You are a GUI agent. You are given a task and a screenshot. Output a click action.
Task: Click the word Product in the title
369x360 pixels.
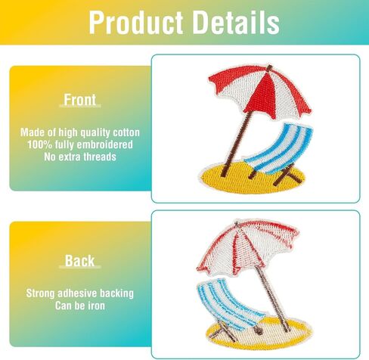point(136,23)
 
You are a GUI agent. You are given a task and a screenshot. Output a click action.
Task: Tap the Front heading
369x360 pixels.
point(80,100)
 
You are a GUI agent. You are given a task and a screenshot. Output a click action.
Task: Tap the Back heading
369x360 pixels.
point(80,260)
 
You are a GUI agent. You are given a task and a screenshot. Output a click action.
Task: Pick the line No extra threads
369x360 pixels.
point(80,157)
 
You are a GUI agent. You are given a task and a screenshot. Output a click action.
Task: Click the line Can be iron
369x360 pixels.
point(80,306)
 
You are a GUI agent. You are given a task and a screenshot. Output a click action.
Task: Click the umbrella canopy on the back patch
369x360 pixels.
point(247,247)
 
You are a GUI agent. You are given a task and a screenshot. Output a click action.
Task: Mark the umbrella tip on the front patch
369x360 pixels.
point(270,67)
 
